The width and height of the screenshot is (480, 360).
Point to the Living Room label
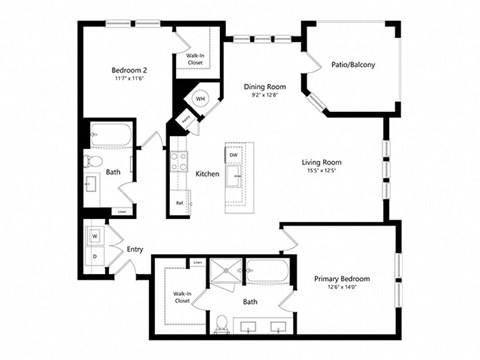(323, 162)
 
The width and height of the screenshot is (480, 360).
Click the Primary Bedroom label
(342, 279)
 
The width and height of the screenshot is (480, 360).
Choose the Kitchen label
(207, 174)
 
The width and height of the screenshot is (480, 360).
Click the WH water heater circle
(200, 99)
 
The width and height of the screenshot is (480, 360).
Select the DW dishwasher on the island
(233, 156)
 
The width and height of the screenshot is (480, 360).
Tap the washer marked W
(96, 237)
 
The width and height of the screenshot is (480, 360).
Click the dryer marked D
(96, 257)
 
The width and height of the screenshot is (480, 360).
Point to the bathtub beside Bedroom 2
(106, 135)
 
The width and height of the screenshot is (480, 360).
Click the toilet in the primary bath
(219, 321)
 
